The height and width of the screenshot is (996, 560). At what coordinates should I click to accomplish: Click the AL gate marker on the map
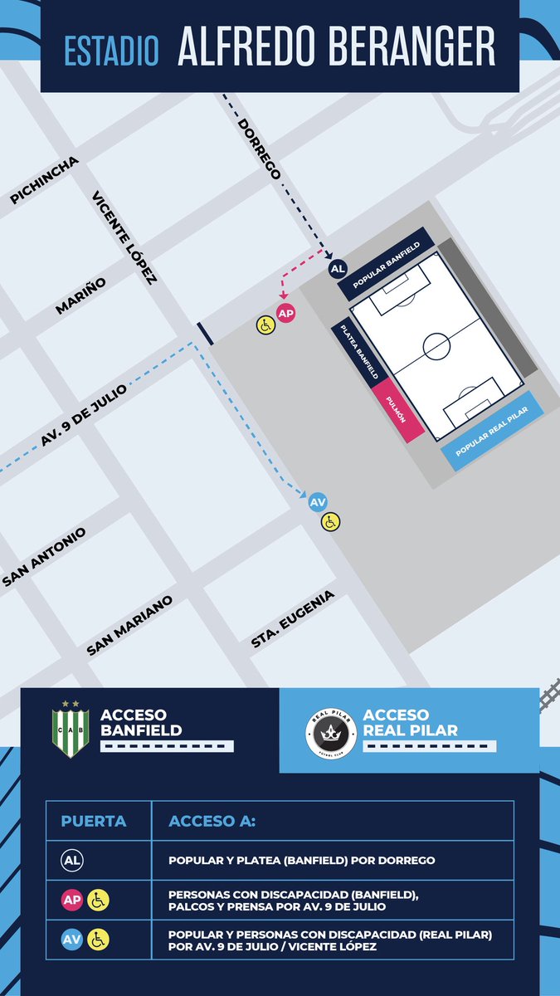[338, 269]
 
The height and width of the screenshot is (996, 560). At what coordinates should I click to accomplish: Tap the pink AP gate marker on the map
[286, 313]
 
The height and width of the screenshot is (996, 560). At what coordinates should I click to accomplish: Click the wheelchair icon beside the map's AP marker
[265, 325]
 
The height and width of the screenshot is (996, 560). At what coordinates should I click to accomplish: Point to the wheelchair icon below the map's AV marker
[331, 521]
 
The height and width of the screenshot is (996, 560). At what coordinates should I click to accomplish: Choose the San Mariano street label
[129, 625]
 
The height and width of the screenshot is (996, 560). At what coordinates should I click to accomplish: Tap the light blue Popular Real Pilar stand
[491, 432]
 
